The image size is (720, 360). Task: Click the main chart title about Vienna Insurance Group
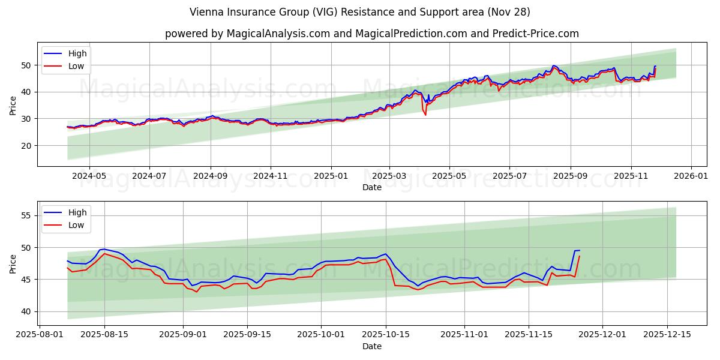360,12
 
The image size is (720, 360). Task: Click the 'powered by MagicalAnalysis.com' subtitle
372,34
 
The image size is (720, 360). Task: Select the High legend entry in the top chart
77,54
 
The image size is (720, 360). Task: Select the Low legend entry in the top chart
76,67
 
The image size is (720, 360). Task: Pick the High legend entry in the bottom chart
77,212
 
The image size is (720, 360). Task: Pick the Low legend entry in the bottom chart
76,225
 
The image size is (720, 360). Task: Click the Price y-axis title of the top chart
13,105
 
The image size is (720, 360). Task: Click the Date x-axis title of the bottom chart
372,346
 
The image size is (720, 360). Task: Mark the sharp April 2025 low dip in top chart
425,115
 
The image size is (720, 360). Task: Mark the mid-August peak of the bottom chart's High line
104,249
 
